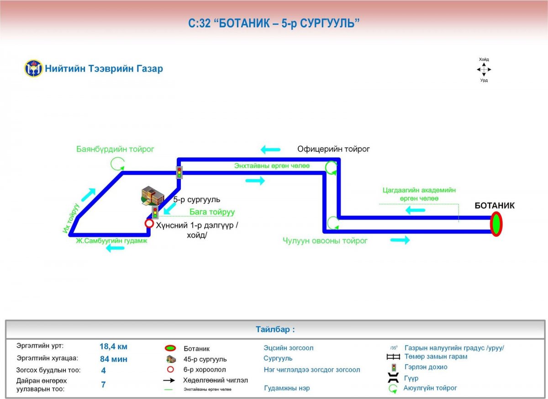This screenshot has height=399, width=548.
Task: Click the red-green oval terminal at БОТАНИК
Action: (x=496, y=225)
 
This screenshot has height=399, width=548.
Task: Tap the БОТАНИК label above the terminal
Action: (x=495, y=206)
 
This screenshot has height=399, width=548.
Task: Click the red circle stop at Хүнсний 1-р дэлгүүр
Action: (x=149, y=223)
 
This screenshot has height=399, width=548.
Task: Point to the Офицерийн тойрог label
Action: (x=333, y=149)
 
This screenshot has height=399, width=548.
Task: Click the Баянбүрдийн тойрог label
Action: (x=116, y=149)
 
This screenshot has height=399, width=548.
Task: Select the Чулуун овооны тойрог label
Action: (x=325, y=241)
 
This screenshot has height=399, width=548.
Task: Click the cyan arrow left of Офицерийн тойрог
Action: (x=270, y=149)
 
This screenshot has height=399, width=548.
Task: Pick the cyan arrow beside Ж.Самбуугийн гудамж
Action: (x=115, y=248)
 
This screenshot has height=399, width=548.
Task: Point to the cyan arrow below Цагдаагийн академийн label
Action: (x=416, y=210)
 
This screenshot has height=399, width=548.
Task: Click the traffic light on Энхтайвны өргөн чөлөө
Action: (x=179, y=173)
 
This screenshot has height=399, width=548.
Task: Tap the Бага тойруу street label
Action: (x=212, y=212)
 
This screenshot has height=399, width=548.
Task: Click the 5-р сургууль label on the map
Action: (x=196, y=200)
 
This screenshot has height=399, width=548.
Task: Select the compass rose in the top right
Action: (x=484, y=69)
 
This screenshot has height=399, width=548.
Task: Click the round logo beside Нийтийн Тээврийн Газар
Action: (x=33, y=69)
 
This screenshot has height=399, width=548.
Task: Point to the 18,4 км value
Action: (x=113, y=346)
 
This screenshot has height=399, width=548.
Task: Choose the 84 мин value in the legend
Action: (x=113, y=359)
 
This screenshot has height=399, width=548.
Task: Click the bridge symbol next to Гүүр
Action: (x=393, y=378)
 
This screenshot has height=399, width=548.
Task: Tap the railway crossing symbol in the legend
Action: (x=393, y=357)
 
